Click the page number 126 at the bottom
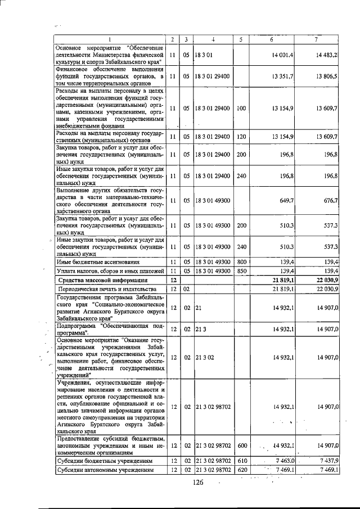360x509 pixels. point(196,482)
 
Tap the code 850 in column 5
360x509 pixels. point(240,271)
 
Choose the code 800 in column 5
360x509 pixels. point(240,262)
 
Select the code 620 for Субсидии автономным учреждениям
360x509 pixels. point(240,470)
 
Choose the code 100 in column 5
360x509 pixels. point(240,108)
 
